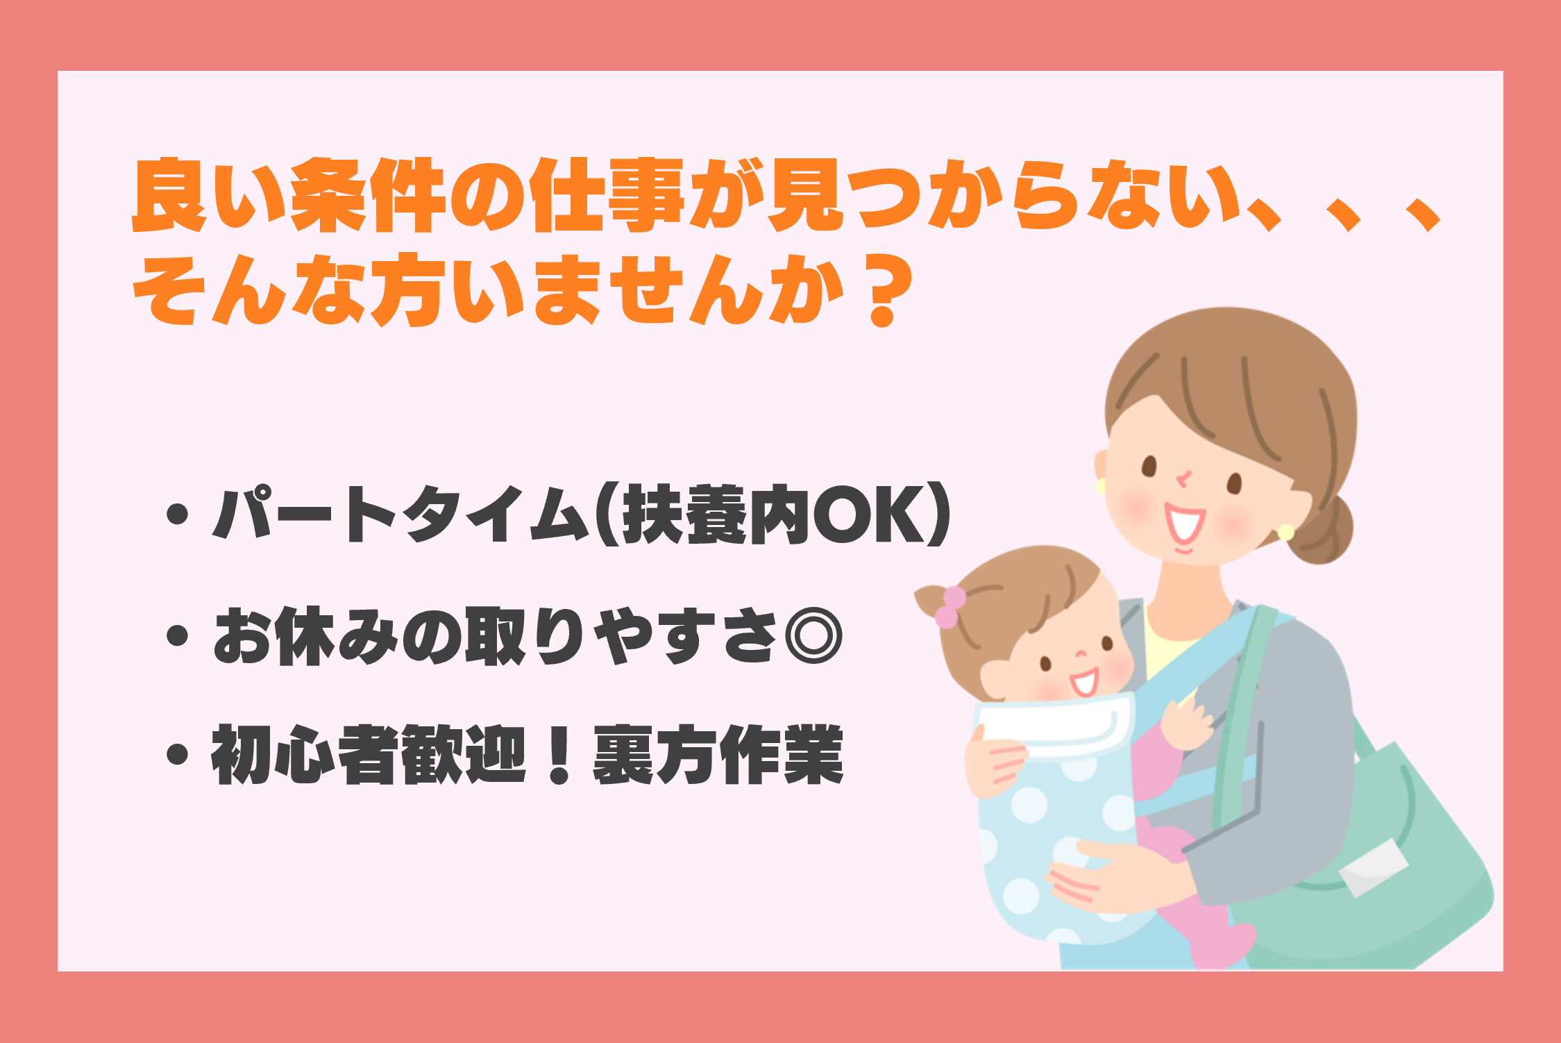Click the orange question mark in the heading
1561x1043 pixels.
click(x=882, y=290)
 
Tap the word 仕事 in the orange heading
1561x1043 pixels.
click(x=608, y=195)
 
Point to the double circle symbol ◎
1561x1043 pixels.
click(x=813, y=635)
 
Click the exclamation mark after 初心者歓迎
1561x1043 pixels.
click(x=559, y=754)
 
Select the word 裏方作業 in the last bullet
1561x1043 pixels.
click(x=718, y=754)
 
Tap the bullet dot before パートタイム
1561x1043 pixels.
click(x=178, y=514)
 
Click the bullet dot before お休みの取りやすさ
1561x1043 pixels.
click(x=178, y=635)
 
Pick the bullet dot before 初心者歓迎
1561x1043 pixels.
click(x=178, y=755)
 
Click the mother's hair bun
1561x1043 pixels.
click(x=1322, y=529)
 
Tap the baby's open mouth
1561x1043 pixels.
click(x=1085, y=682)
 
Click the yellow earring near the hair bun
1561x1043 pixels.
click(x=1285, y=533)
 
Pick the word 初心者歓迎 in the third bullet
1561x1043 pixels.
click(x=369, y=754)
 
